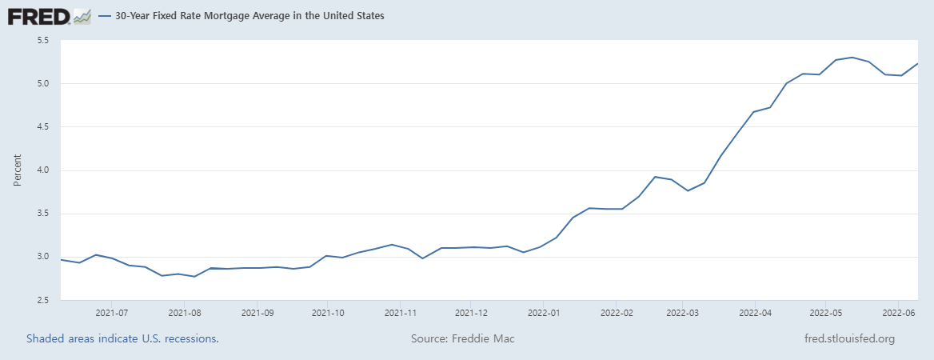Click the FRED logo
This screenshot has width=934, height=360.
(50, 16)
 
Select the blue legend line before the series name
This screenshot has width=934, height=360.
(105, 16)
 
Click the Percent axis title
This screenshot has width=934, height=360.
(18, 170)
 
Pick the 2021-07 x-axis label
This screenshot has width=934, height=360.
(111, 312)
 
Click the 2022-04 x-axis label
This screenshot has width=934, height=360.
(755, 312)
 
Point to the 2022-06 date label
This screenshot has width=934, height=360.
(898, 312)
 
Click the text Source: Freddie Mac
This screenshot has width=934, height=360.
(463, 338)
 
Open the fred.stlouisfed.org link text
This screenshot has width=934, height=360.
(849, 338)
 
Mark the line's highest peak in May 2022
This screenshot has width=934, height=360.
(852, 58)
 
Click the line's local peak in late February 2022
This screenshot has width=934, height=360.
(655, 177)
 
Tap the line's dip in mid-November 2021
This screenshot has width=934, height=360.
(422, 258)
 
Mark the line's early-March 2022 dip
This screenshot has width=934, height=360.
(688, 190)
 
